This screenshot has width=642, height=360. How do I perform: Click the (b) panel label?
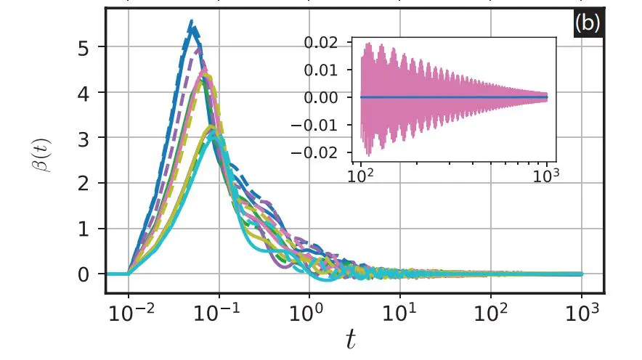click(587, 23)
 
